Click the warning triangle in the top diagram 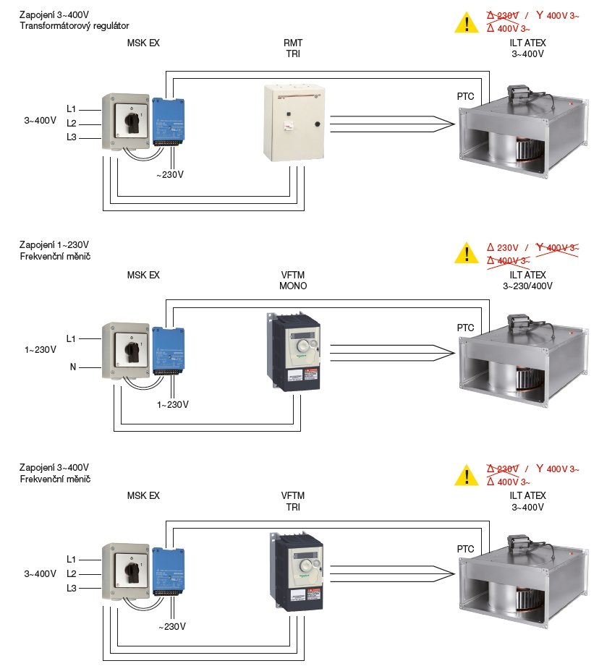click(467, 23)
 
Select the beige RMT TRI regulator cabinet click(294, 123)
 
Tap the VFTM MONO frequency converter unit click(294, 352)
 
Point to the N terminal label click(73, 367)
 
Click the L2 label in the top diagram click(72, 123)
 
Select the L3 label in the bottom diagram click(72, 588)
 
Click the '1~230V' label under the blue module click(173, 404)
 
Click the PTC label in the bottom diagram click(466, 549)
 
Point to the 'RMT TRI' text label click(293, 48)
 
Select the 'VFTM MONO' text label click(293, 281)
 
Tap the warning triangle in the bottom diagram click(467, 476)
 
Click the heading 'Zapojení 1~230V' click(55, 245)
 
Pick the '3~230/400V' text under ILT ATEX click(527, 286)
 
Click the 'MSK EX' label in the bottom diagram click(143, 495)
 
